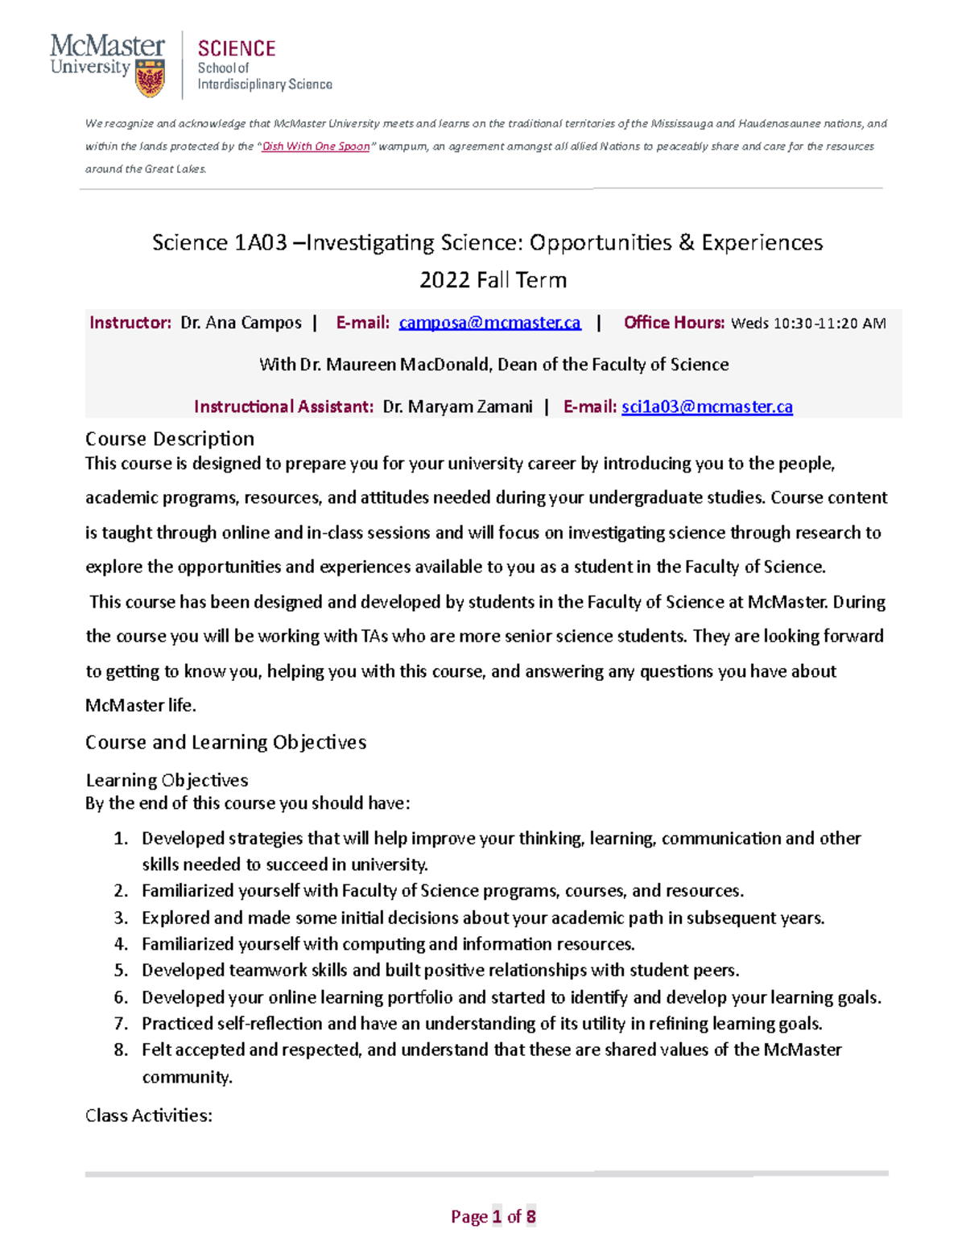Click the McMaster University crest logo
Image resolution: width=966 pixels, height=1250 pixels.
tap(150, 78)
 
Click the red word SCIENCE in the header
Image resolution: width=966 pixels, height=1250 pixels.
tap(237, 49)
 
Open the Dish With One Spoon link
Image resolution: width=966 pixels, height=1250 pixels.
tap(316, 146)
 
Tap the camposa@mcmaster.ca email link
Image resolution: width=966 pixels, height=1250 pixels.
tap(489, 323)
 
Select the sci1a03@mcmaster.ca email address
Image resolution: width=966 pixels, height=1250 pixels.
tap(707, 406)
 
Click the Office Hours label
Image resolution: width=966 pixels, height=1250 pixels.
tap(674, 323)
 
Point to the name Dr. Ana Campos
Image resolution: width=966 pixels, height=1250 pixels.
tap(241, 323)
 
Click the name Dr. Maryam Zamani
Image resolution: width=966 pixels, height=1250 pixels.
tap(457, 406)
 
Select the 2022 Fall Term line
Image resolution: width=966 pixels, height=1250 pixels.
tap(493, 280)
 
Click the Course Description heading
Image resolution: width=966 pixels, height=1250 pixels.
tap(170, 439)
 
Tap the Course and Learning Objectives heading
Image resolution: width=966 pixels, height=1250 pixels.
tap(225, 742)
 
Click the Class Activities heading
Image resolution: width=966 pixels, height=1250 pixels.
tap(149, 1116)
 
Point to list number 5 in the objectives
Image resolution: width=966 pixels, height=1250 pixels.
tap(121, 971)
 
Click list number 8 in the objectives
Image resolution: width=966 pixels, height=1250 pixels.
tap(121, 1050)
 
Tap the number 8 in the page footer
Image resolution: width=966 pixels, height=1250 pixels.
tap(530, 1216)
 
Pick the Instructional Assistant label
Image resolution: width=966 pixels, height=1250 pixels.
tap(283, 406)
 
